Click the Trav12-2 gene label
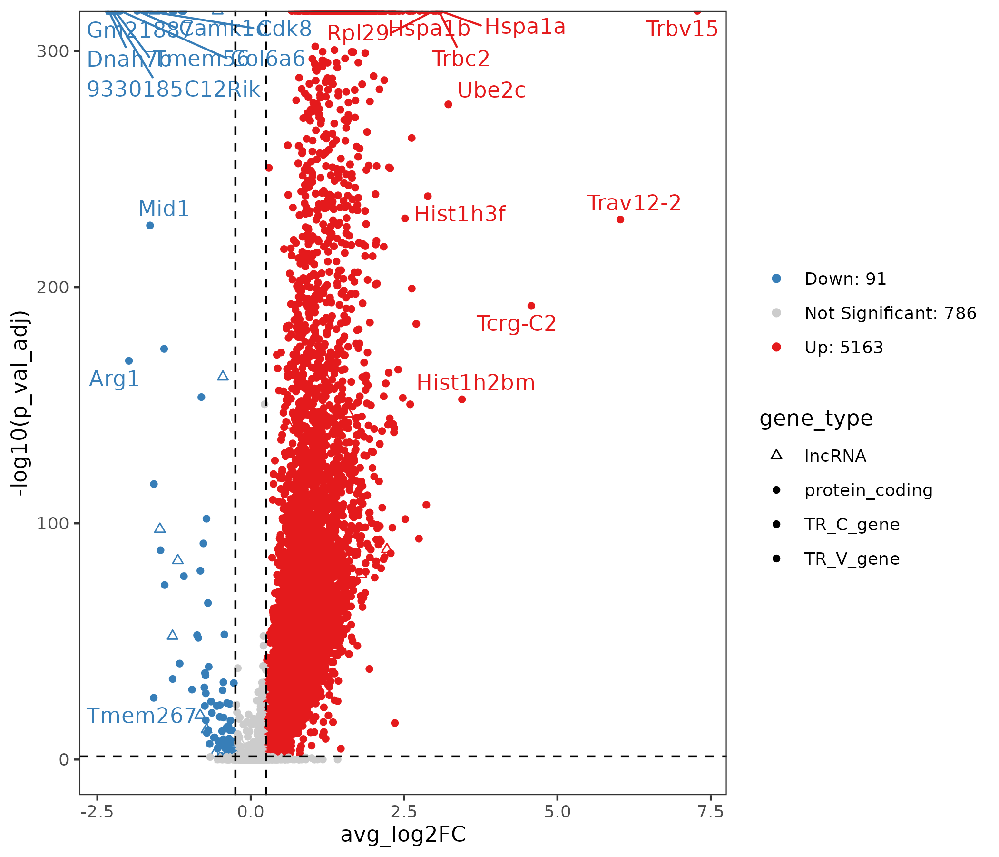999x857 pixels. point(634,203)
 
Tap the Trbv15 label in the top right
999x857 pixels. point(682,29)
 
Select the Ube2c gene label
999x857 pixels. point(491,90)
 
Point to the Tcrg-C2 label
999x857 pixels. point(516,323)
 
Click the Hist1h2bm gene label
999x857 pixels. point(475,383)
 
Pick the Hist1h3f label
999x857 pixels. point(460,214)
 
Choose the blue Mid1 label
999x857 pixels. point(164,209)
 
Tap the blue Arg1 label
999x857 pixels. point(114,379)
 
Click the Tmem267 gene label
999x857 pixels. point(141,716)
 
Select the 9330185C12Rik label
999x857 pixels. point(174,90)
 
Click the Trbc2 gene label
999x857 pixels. point(460,59)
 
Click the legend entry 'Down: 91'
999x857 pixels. point(845,279)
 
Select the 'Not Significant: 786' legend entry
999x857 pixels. point(890,313)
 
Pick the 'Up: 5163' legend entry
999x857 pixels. point(843,348)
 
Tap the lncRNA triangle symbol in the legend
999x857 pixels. point(776,455)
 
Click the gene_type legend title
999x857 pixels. point(816,419)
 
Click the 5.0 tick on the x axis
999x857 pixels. point(558,812)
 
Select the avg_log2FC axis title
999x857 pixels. point(402,835)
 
